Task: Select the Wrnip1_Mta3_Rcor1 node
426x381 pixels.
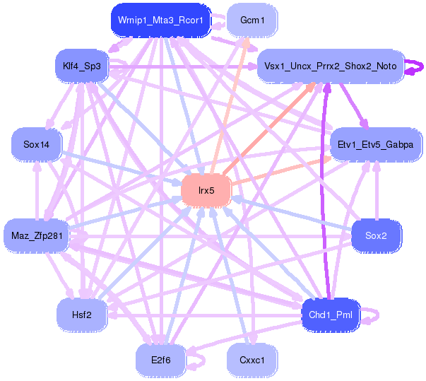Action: click(x=161, y=20)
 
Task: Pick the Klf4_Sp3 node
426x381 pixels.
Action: click(x=81, y=66)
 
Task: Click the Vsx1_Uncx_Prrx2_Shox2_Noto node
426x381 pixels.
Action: click(x=330, y=66)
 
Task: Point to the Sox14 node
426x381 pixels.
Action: click(x=36, y=145)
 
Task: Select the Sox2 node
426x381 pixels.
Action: click(x=376, y=235)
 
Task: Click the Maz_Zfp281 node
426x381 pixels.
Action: click(x=36, y=235)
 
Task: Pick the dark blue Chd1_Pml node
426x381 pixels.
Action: click(x=330, y=313)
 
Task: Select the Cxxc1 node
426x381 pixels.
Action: click(x=252, y=360)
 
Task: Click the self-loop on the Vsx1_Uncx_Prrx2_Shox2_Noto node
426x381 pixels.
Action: click(x=417, y=68)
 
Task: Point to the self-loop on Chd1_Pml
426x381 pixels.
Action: click(x=374, y=314)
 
